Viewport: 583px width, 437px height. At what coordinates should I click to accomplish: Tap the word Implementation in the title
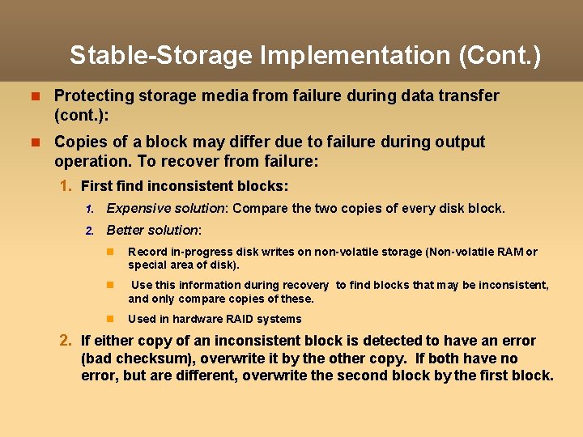[355, 55]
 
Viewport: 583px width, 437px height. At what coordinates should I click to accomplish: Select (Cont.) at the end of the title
[500, 55]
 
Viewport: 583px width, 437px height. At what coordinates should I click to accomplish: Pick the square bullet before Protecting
[35, 96]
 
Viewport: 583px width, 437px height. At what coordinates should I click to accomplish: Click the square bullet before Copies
[35, 142]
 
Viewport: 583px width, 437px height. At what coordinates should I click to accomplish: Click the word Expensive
[137, 208]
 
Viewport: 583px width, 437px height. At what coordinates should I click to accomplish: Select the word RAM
[509, 252]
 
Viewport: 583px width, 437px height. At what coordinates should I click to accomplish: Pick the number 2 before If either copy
[67, 341]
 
